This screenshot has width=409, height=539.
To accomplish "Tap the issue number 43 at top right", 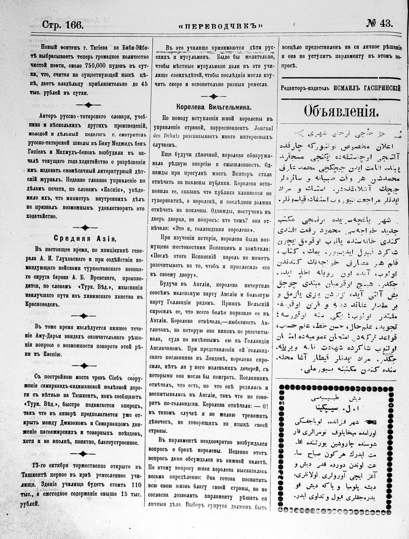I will coord(385,23).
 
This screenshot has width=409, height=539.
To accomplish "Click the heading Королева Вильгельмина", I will coord(214,107).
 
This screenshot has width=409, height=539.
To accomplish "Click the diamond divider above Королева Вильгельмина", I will coord(214,96).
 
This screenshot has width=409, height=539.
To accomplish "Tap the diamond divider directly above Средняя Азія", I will coord(85,227).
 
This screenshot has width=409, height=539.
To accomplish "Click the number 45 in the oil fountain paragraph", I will coord(143,84).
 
